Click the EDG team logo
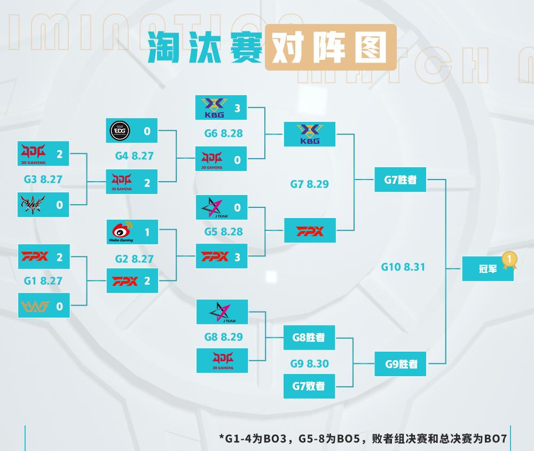[120, 131]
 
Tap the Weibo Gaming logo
[121, 232]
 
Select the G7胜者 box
[400, 180]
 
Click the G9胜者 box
[400, 364]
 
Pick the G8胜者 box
[309, 338]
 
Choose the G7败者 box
[309, 386]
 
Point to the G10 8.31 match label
[403, 267]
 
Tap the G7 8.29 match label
[309, 184]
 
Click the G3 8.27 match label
[43, 180]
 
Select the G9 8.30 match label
[309, 363]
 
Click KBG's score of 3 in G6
[238, 108]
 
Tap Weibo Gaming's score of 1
[147, 232]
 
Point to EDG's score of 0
[147, 131]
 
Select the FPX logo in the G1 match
[34, 256]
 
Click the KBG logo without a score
[309, 134]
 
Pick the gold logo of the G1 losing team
[35, 307]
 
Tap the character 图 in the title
[371, 47]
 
